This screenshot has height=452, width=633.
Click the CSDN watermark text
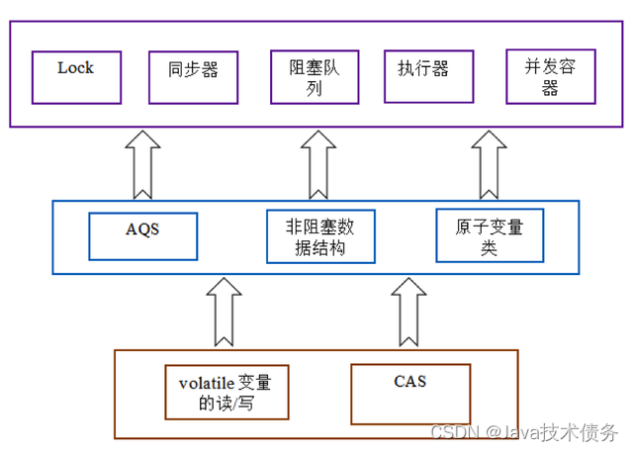click(x=454, y=433)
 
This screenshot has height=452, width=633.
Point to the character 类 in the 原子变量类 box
click(x=489, y=248)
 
